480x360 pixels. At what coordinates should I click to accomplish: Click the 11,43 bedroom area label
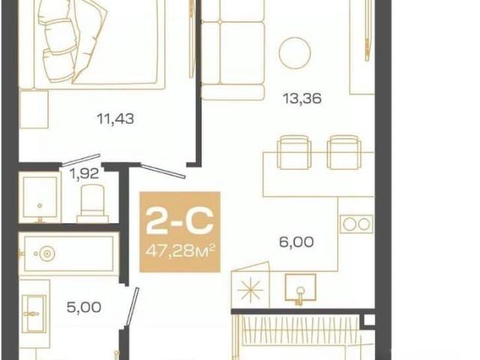point(115,118)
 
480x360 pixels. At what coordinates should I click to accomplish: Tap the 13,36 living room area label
point(301,99)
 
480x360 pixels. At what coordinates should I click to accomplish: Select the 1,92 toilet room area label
point(84,174)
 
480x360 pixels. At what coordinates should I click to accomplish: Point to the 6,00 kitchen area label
point(296,242)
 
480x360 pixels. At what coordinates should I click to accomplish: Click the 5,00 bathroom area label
point(84,307)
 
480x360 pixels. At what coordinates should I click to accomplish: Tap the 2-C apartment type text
point(179,221)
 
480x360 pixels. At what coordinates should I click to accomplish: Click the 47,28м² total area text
point(180,251)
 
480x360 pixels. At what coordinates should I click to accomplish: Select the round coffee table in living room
point(295,52)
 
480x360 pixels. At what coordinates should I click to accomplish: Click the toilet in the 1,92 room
point(92,203)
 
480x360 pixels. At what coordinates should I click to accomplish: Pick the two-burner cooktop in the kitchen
point(356,224)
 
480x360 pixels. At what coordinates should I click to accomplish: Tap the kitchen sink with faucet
point(300,289)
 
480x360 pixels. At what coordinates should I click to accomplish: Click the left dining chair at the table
point(294,152)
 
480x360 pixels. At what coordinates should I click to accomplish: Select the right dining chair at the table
point(344,152)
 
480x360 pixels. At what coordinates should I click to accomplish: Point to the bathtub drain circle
point(46,253)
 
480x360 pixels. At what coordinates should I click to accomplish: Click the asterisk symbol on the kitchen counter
point(250,289)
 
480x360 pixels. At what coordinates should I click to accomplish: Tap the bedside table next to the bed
point(34,109)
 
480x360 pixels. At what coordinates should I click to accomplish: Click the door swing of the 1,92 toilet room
point(81,160)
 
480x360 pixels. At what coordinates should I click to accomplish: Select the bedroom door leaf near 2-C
point(163,171)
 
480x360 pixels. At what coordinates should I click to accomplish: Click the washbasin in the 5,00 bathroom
point(34,313)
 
